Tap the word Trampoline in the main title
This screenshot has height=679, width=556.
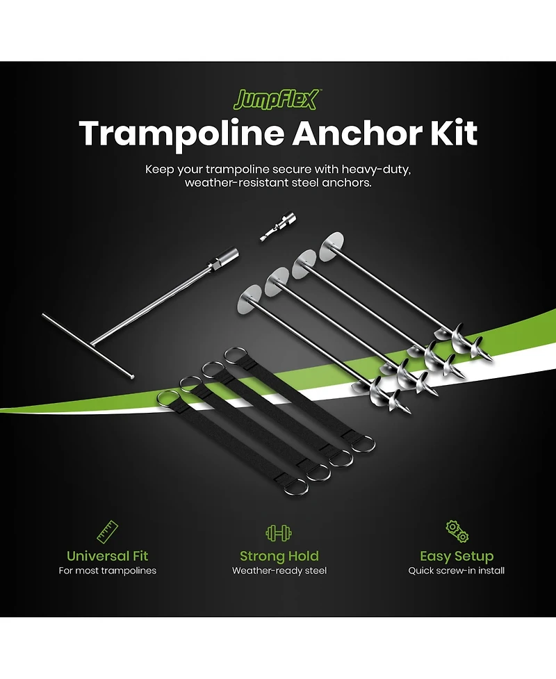[x=179, y=132]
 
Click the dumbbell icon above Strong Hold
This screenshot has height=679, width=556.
[x=278, y=533]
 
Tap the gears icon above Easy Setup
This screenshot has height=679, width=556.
[x=456, y=532]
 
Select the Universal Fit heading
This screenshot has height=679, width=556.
[x=107, y=556]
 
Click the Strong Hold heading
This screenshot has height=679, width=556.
[x=279, y=556]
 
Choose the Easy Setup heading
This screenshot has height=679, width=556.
[x=457, y=556]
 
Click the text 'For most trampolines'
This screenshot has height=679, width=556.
[x=107, y=571]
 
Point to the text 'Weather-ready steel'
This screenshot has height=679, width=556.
[x=279, y=571]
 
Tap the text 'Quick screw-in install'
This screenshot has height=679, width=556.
[x=457, y=571]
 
